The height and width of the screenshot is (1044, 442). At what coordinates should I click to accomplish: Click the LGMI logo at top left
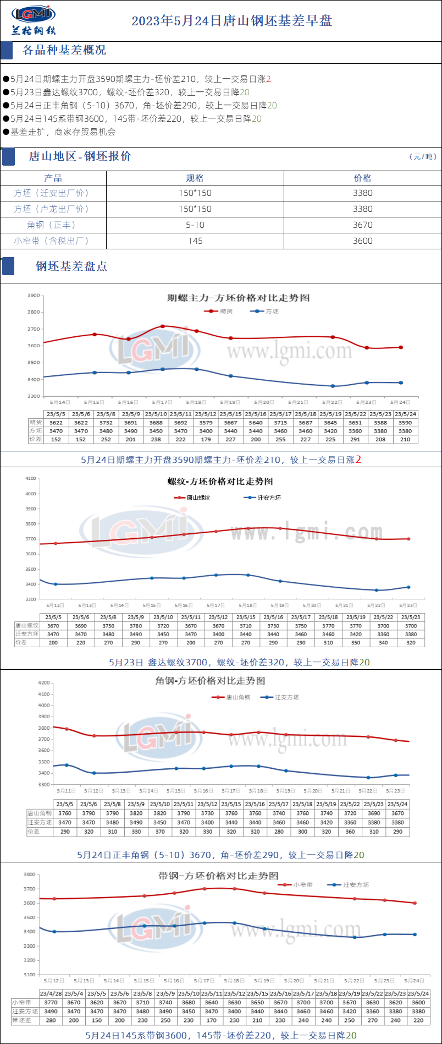34,20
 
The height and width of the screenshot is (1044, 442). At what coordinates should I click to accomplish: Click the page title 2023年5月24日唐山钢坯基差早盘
231,21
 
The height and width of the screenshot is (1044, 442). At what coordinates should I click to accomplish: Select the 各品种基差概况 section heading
64,50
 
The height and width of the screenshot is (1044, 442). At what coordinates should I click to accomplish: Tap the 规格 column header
195,178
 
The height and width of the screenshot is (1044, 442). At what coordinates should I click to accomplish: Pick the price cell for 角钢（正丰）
363,225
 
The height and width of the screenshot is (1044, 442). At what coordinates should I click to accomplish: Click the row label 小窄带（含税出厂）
52,240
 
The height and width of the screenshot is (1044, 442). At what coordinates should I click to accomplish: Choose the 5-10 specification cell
195,225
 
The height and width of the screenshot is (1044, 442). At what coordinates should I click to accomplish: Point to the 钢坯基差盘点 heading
71,266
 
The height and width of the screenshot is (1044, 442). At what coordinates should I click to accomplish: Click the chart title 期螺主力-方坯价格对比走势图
239,298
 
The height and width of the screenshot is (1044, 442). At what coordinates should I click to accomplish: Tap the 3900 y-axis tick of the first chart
34,296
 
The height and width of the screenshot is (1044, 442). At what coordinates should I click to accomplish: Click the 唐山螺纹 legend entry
198,498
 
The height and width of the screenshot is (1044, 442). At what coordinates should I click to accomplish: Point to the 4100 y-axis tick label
30,479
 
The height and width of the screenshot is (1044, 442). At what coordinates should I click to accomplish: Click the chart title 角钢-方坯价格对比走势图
210,681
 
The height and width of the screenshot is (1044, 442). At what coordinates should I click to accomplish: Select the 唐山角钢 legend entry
237,697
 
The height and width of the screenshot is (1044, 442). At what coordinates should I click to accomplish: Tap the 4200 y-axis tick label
43,682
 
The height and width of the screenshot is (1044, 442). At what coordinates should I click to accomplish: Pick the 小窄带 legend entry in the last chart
302,885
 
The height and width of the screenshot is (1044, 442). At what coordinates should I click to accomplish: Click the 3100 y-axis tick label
30,975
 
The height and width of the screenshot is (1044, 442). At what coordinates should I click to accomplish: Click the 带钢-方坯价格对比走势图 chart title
218,876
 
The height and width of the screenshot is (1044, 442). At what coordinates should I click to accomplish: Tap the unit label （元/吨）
423,157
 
